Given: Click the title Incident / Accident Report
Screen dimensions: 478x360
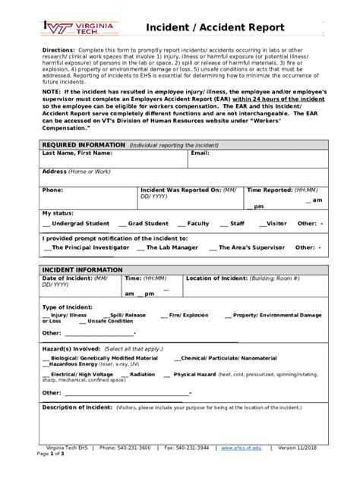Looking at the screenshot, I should (x=216, y=28).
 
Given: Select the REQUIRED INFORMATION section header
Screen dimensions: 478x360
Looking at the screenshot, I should (x=84, y=144).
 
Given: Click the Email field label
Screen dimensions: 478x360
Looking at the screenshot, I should (x=200, y=153).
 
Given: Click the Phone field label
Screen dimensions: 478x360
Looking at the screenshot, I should (x=52, y=190).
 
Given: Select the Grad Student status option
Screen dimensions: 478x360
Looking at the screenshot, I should (x=144, y=224).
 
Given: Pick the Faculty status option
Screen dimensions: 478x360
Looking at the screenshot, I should (x=194, y=224).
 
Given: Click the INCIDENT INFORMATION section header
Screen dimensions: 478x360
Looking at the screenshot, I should (x=82, y=269).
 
